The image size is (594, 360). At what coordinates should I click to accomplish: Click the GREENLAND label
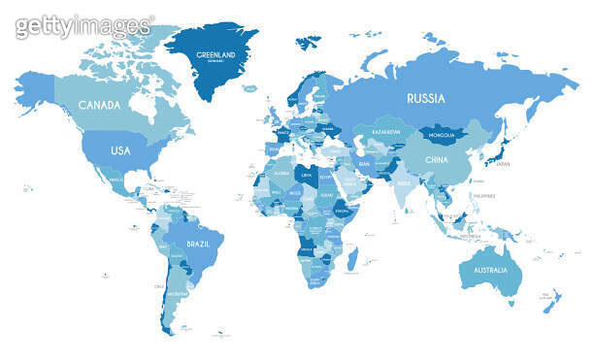(215, 54)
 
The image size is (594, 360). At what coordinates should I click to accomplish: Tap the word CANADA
(99, 105)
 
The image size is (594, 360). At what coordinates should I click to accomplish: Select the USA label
(120, 150)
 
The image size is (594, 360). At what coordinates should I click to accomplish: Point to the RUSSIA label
(425, 98)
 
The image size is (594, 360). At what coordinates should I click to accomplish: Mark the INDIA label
(406, 182)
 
